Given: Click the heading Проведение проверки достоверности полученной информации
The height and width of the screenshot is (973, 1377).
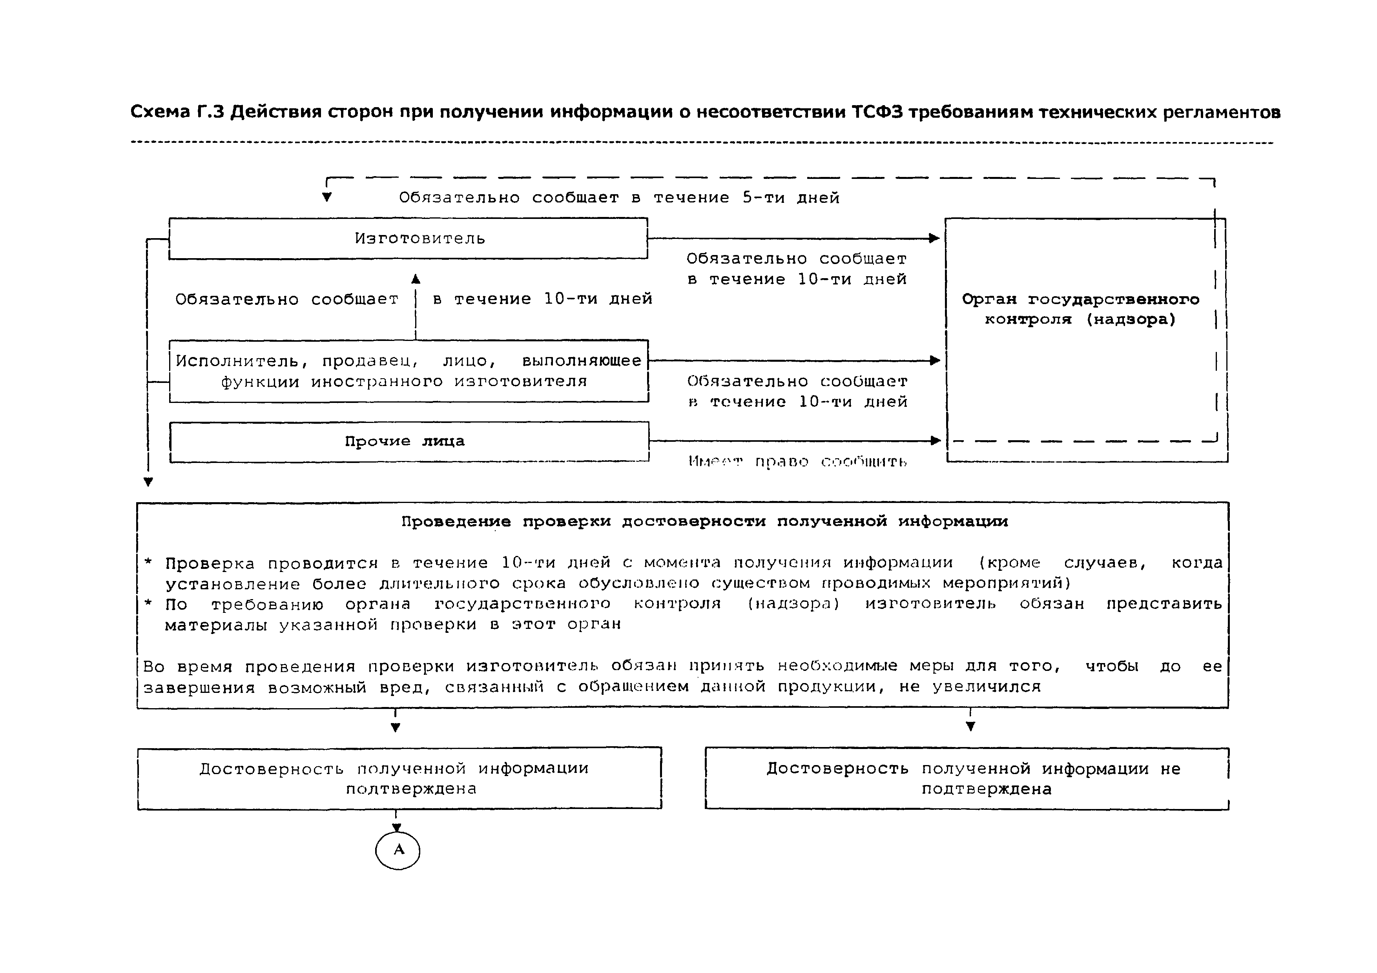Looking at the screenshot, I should click(705, 521).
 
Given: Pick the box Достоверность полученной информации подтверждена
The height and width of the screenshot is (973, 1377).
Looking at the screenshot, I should click(399, 778).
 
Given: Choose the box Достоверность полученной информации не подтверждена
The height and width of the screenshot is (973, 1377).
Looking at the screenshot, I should click(967, 779).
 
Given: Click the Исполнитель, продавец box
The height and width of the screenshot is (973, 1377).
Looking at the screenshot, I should click(409, 371).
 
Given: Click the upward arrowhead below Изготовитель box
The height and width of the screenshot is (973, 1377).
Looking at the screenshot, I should click(416, 279).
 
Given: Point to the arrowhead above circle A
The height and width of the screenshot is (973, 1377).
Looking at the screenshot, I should click(396, 828).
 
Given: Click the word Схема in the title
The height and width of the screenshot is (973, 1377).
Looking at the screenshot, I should click(160, 112).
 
